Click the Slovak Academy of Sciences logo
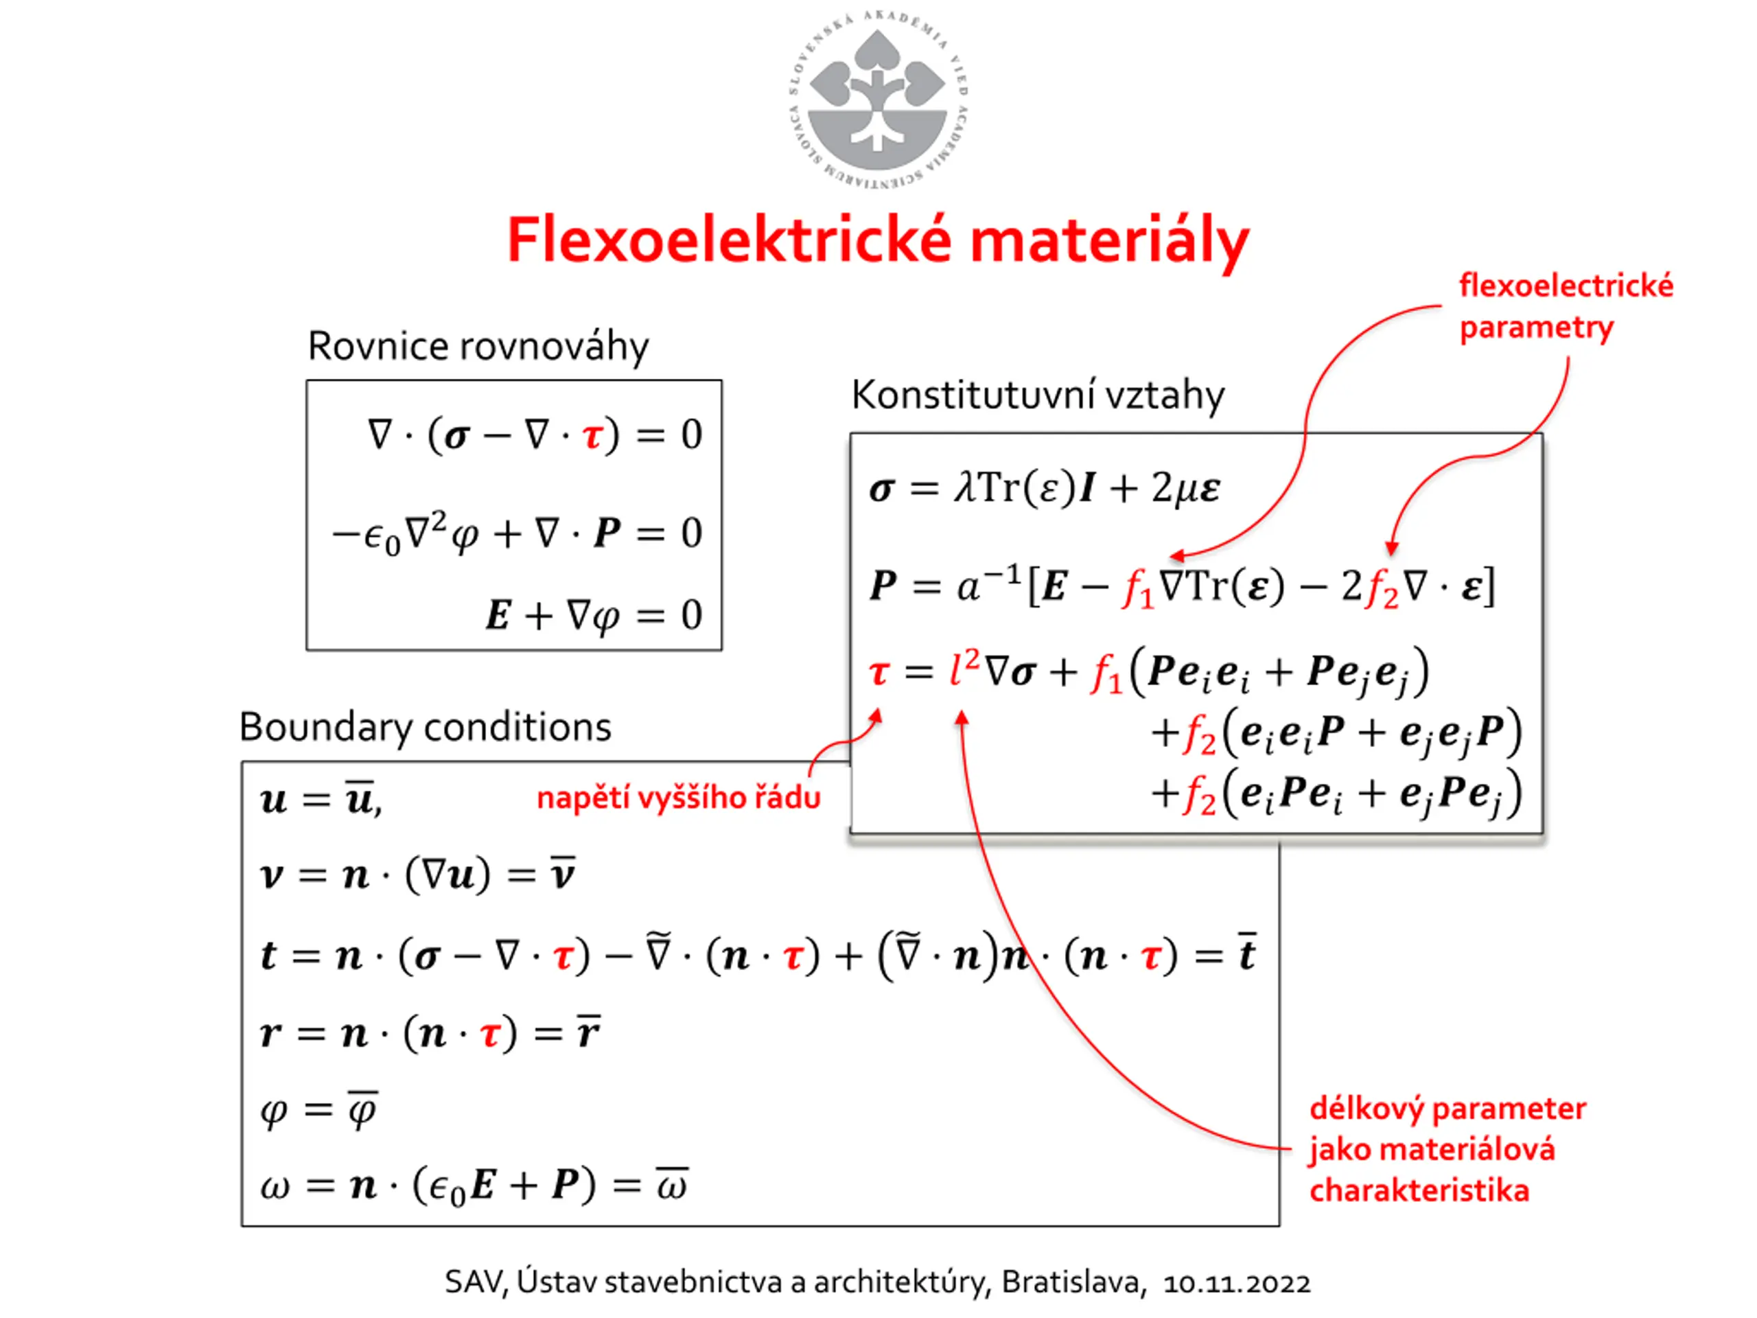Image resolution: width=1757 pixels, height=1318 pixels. click(x=877, y=100)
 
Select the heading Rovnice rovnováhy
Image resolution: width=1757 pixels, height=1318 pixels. click(x=478, y=347)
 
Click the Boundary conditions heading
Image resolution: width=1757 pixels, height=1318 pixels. click(x=425, y=727)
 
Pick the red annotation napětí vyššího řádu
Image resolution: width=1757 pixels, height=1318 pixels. click(x=678, y=798)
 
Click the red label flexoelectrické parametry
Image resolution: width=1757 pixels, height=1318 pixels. click(x=1565, y=307)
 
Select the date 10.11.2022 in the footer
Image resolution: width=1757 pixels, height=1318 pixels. click(x=1237, y=1283)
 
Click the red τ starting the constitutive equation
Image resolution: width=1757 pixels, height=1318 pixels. click(x=878, y=673)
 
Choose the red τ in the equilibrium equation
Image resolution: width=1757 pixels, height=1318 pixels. click(x=592, y=435)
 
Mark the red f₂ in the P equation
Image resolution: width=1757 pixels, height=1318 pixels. click(x=1380, y=589)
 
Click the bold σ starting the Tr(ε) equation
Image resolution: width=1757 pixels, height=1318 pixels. click(x=881, y=489)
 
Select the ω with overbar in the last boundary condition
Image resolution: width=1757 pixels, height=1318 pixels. click(x=671, y=1185)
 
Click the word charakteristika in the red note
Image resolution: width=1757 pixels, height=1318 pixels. click(x=1419, y=1191)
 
